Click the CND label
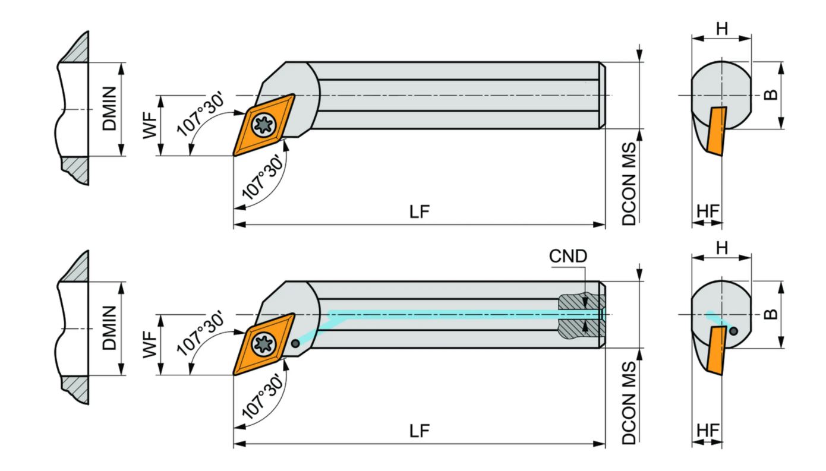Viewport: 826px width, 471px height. click(568, 256)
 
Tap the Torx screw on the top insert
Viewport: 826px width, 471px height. click(264, 125)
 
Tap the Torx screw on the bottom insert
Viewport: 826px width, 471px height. click(264, 344)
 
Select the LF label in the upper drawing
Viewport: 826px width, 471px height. click(420, 211)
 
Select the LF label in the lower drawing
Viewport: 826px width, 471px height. click(420, 431)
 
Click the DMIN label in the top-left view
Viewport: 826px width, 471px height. click(109, 109)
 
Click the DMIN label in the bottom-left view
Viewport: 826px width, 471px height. click(109, 328)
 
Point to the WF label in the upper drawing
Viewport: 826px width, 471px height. click(150, 126)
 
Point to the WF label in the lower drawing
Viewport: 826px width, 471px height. click(150, 345)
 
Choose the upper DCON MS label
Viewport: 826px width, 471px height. click(629, 184)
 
